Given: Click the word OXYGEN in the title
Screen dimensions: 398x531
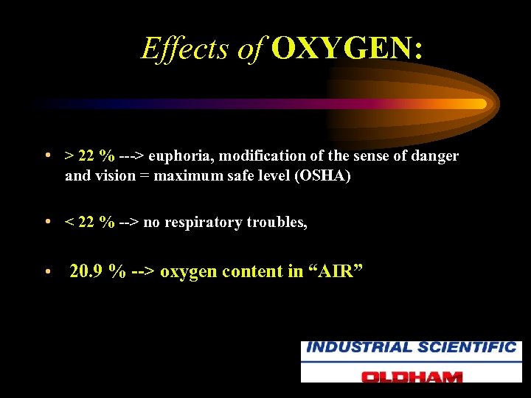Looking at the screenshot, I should pyautogui.click(x=347, y=49).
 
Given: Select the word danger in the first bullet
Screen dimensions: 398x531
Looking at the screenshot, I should pyautogui.click(x=435, y=156).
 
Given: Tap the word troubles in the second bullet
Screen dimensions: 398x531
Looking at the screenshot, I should pyautogui.click(x=276, y=223).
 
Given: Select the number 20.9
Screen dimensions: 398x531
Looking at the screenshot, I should pyautogui.click(x=86, y=271).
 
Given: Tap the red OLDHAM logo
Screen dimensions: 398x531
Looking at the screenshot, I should pyautogui.click(x=411, y=375).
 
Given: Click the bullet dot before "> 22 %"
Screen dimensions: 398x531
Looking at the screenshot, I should pyautogui.click(x=46, y=156).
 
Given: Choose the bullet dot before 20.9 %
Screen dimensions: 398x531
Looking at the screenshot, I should pyautogui.click(x=46, y=272).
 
